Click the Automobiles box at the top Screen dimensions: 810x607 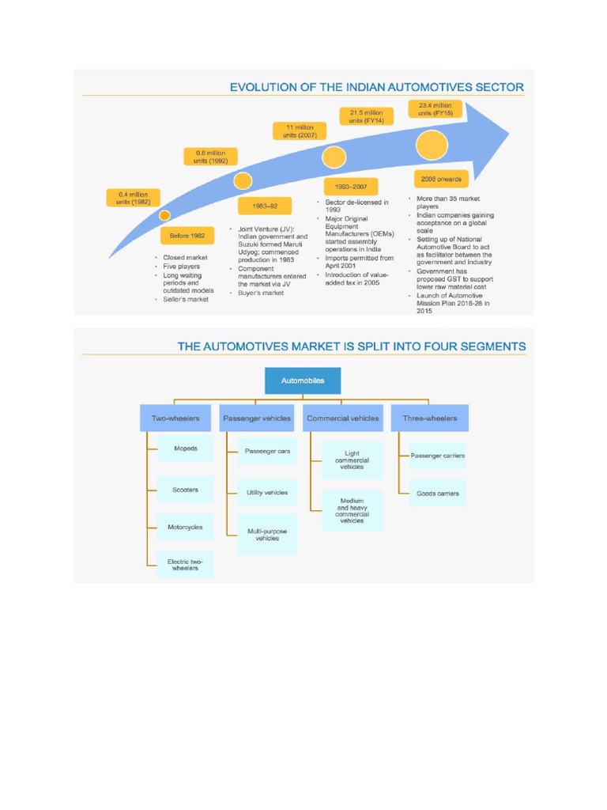click(303, 380)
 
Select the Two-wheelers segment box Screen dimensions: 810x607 click(175, 418)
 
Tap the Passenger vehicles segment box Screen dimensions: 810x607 click(257, 418)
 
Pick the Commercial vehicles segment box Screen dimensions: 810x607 click(342, 418)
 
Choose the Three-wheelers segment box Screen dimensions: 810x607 click(424, 418)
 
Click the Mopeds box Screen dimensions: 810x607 click(186, 449)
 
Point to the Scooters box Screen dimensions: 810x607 click(186, 490)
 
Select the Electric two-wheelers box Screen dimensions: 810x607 click(186, 564)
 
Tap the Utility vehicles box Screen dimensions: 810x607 click(267, 492)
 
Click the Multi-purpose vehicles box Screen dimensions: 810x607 click(267, 535)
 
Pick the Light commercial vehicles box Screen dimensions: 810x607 click(352, 460)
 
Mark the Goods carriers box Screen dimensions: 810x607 click(437, 493)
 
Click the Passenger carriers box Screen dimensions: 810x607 click(437, 456)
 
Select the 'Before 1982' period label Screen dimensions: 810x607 click(187, 236)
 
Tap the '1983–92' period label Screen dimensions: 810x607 click(265, 206)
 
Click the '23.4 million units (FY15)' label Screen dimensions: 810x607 click(435, 109)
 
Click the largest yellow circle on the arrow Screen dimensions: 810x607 click(432, 145)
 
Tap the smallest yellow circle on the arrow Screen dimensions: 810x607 click(164, 214)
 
